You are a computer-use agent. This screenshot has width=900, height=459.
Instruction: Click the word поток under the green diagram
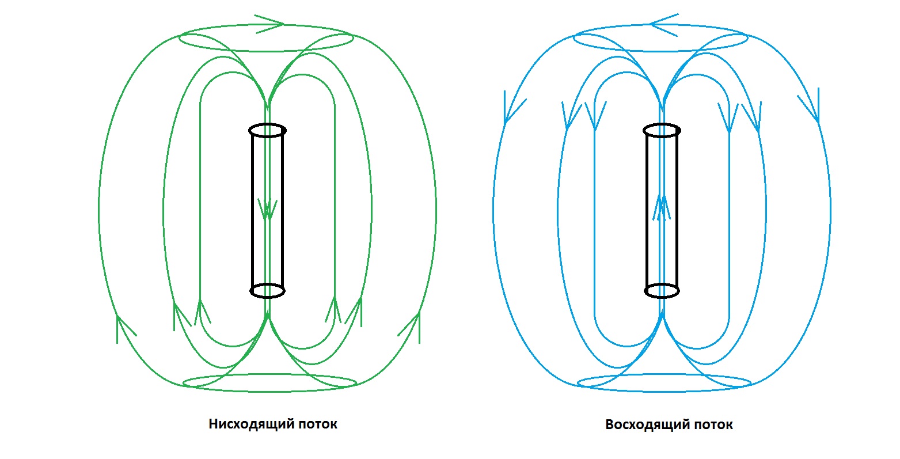(x=317, y=424)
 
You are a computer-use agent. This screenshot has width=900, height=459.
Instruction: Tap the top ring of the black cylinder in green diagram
(x=267, y=131)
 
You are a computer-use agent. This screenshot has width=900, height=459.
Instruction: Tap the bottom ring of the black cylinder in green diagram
(x=267, y=291)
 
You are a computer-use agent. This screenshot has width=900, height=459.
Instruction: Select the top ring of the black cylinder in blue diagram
(x=662, y=131)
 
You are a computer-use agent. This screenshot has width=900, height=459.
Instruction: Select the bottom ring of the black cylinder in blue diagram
(x=662, y=291)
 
